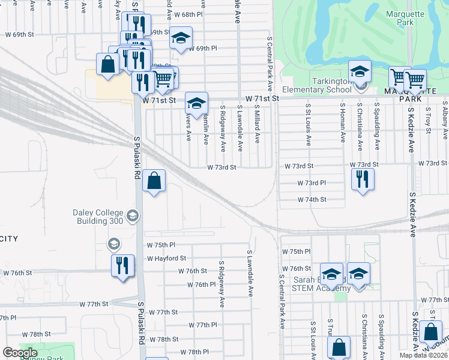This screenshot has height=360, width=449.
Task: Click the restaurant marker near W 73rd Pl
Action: point(363,179)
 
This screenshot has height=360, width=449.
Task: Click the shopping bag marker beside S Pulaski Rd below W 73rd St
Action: point(154,181)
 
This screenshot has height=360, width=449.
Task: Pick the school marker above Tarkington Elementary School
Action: point(359,72)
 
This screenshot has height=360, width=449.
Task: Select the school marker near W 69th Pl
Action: point(180,38)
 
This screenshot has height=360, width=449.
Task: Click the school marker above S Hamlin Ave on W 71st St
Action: point(196,103)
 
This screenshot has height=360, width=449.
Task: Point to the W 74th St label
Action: point(312,199)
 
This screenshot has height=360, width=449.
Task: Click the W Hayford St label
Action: point(166,258)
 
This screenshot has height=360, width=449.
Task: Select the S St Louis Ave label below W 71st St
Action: point(309,124)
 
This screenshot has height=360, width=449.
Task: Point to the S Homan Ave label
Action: point(343,122)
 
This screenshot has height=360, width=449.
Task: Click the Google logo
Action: point(20,353)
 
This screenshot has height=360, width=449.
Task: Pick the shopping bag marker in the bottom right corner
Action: point(430,332)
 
